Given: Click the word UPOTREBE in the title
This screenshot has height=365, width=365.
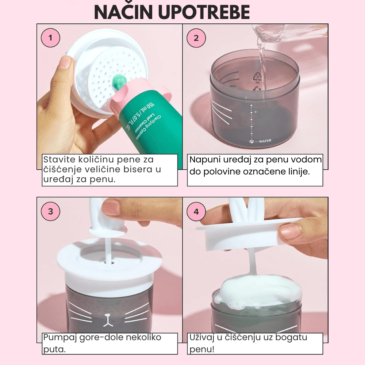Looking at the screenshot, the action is (204, 12).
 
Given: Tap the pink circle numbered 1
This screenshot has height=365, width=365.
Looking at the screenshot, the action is (50, 38).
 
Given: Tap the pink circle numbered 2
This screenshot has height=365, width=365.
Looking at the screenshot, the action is (196, 38).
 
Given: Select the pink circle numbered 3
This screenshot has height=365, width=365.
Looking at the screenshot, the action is (50, 211).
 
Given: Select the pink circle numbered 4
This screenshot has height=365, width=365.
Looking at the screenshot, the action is (196, 211).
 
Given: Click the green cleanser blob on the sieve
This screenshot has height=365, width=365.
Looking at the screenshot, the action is (119, 82).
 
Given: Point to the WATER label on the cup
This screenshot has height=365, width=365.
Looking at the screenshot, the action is (265, 141).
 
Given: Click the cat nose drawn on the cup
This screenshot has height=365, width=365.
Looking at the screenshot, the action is (107, 319).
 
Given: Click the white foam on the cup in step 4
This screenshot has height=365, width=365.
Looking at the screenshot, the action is (258, 292).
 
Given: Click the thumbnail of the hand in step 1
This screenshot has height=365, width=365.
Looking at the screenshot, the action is (66, 62).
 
